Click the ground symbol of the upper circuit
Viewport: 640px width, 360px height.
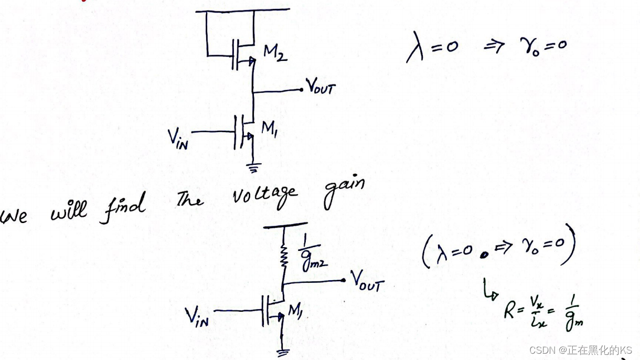(253, 166)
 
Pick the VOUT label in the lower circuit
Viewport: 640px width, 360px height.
(368, 284)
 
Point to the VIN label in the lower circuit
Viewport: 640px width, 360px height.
(197, 316)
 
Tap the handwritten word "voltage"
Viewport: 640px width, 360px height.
(265, 196)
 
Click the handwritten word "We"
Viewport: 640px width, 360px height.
(14, 215)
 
